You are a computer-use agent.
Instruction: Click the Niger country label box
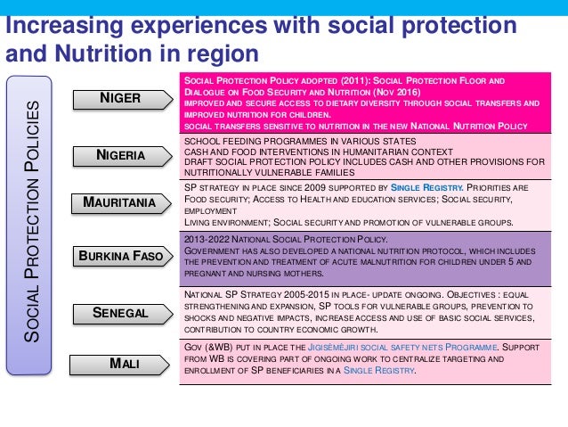coord(120,97)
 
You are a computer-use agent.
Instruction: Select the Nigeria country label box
coord(120,156)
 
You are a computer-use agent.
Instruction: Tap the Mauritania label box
coord(120,202)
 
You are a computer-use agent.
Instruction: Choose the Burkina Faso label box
coord(120,257)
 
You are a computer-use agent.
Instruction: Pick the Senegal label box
coord(120,313)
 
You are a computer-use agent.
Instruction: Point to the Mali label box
coord(120,363)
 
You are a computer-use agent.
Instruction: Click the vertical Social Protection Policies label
coord(32,223)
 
